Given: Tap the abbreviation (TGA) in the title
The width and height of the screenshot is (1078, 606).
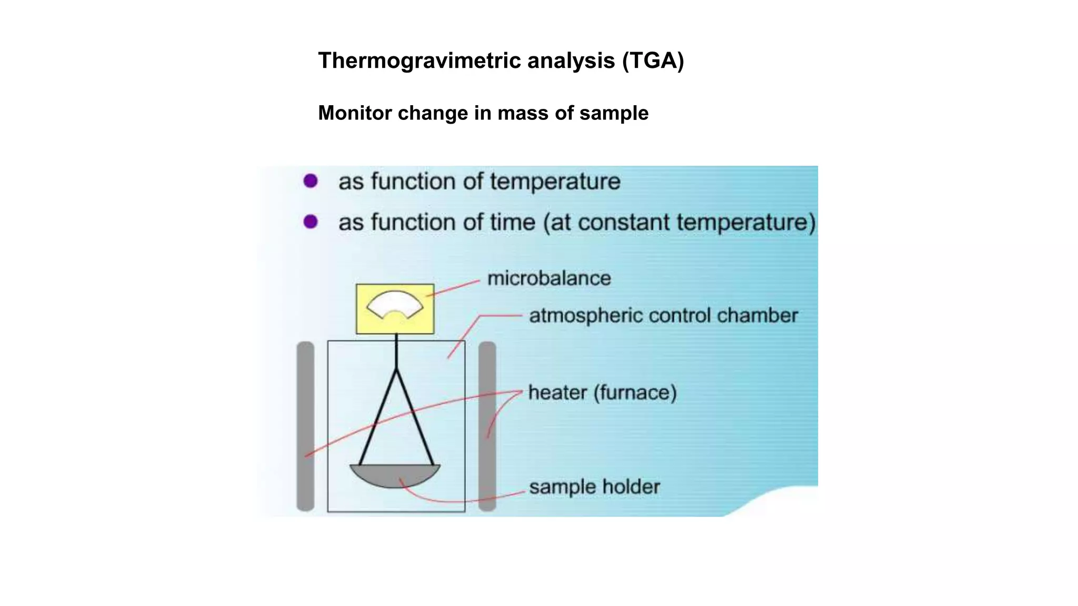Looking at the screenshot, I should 653,61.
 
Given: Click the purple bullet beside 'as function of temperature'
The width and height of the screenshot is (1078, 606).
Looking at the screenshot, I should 311,181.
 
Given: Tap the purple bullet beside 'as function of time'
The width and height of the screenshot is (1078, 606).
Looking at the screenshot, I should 311,221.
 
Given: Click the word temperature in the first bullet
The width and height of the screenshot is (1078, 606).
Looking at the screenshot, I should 555,181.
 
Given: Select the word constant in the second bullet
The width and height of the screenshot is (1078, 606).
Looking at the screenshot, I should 624,222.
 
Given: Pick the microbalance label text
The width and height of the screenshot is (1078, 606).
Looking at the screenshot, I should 549,278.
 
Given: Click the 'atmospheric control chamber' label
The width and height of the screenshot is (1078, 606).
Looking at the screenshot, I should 663,316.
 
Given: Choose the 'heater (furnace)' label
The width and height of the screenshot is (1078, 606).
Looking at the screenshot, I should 602,392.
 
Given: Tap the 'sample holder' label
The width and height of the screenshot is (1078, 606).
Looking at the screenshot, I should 594,487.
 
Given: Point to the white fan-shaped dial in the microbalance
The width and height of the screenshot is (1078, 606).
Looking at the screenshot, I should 395,304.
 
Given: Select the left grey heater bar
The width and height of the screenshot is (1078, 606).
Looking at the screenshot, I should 305,426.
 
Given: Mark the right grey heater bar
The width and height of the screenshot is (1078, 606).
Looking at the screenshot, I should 487,426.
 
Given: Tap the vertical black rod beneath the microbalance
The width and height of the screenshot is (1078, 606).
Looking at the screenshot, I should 396,351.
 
